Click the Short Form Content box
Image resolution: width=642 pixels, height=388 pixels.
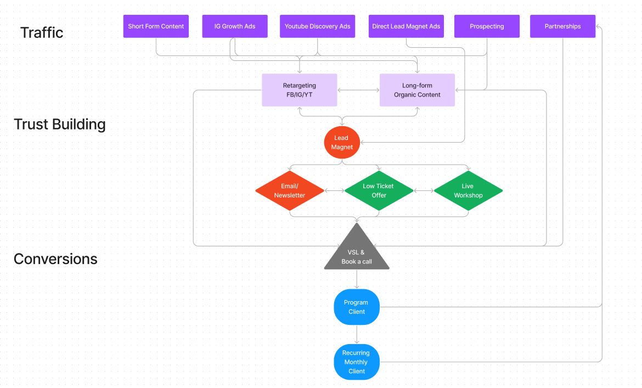click(156, 26)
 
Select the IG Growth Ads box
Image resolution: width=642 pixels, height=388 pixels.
click(235, 26)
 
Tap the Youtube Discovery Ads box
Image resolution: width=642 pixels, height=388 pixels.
click(317, 26)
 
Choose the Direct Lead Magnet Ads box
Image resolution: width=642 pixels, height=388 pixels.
click(406, 26)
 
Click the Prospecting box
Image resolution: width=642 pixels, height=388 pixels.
click(487, 26)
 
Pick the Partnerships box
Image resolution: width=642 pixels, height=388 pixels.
click(562, 26)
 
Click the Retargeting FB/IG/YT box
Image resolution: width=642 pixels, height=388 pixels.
click(299, 90)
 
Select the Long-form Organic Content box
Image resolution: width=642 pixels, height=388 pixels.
click(417, 90)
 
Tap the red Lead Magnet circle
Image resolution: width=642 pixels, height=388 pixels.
click(342, 143)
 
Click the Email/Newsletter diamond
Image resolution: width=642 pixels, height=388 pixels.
click(290, 191)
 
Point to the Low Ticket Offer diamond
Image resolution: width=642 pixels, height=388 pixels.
click(379, 191)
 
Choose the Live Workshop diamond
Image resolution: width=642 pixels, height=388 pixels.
click(468, 191)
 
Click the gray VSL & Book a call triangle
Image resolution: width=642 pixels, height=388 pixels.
click(357, 254)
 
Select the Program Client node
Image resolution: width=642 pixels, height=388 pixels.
click(357, 307)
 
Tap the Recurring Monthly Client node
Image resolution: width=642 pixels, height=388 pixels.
click(357, 362)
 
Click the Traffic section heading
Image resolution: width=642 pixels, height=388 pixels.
click(42, 32)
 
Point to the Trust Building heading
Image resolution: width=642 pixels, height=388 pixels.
click(59, 124)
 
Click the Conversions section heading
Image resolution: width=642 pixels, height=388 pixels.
click(55, 259)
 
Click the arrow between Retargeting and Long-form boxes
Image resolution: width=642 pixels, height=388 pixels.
click(358, 90)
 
